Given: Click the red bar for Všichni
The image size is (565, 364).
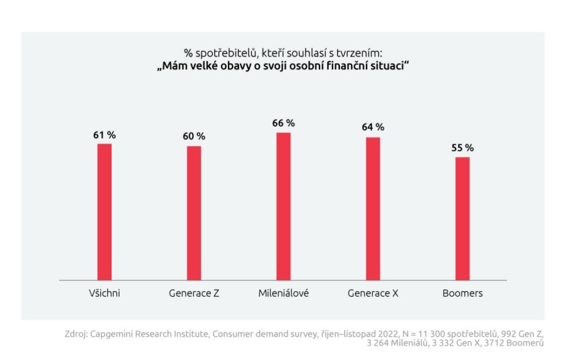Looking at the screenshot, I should coord(105,212).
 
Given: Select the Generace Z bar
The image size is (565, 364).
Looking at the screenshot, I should coord(194,213).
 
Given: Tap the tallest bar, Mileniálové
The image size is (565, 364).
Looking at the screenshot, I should coord(283,206).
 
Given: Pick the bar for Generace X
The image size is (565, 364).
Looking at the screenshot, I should coord(373,209).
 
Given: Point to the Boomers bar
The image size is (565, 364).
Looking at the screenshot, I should coord(463,218).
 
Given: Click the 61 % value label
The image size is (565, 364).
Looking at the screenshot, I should coord(104,135).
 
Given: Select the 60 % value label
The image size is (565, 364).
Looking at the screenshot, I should coord(194,137).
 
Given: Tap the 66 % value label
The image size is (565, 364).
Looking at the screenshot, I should coord(283,123).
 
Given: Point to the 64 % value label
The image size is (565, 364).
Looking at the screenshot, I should coord(373,128).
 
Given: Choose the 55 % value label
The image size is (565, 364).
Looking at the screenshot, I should coord(463,148).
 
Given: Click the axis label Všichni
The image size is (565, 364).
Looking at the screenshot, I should coord(105,293).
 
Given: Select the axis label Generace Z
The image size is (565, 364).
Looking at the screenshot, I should coord(194,293).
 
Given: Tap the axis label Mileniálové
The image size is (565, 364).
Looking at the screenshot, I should coord(283,293).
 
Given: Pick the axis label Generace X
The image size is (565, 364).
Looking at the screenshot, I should coord(373,293).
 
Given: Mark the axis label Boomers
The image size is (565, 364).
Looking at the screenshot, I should coord(463,293).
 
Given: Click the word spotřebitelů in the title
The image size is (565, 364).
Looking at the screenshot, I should coord(219,54).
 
